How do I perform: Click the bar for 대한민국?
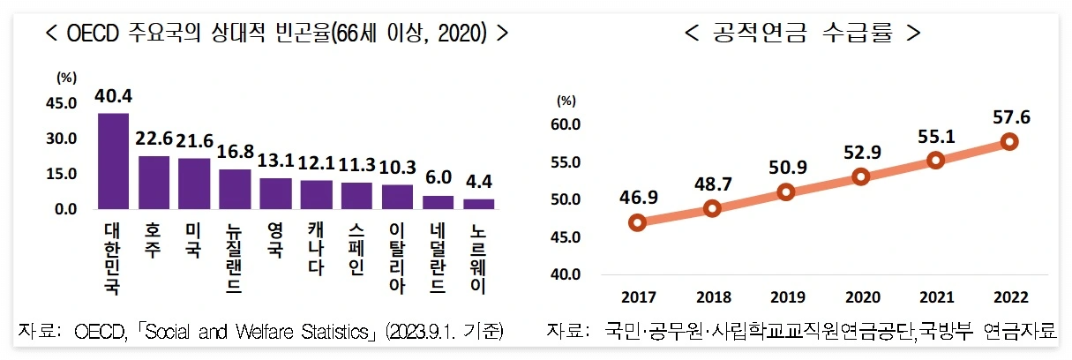click(113, 161)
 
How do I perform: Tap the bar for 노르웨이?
click(478, 204)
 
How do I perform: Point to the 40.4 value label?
click(113, 95)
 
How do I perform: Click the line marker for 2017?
click(638, 222)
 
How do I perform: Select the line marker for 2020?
click(861, 176)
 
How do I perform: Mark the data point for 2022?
click(1010, 141)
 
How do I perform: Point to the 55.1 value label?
click(936, 136)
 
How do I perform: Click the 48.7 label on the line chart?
click(713, 184)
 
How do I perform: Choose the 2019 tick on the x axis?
click(787, 297)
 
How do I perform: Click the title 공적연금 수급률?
click(802, 34)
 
